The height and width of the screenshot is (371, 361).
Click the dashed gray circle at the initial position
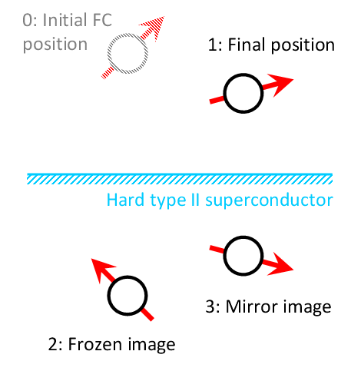[108, 54]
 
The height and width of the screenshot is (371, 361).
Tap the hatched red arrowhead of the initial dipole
[154, 26]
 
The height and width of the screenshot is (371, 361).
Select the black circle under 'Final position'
[224, 93]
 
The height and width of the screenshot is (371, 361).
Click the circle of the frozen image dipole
[108, 296]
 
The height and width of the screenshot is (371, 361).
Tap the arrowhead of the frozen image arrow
[102, 269]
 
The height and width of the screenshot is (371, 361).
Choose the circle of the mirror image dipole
[224, 256]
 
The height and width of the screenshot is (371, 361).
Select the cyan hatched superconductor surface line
[180, 179]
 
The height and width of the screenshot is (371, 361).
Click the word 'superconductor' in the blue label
[269, 200]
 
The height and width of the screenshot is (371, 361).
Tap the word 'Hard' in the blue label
[125, 200]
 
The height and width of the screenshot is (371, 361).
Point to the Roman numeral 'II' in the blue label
[195, 200]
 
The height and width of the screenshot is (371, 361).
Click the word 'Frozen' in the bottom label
[95, 344]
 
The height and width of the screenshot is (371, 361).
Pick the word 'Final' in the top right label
[247, 45]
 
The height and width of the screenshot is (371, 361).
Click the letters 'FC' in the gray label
[102, 20]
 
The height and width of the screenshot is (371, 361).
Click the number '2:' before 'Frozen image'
[56, 344]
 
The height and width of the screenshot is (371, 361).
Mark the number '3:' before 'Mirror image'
[213, 306]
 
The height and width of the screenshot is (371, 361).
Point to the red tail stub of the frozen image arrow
[147, 314]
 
